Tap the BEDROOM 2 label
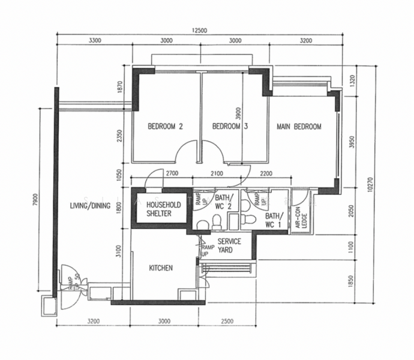[165, 127]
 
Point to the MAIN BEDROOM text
[299, 127]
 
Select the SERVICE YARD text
[229, 245]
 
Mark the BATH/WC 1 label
[273, 220]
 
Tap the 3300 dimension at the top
[94, 41]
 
